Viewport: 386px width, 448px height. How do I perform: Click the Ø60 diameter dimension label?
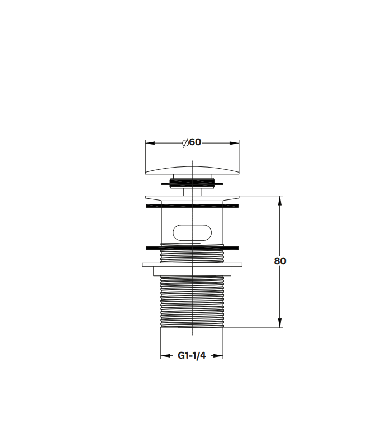click(x=192, y=142)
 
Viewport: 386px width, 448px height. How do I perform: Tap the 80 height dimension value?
click(x=280, y=261)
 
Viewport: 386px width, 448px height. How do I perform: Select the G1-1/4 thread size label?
click(x=192, y=355)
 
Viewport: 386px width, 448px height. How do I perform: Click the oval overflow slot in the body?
click(x=192, y=232)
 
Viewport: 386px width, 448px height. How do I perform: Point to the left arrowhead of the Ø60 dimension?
click(x=150, y=143)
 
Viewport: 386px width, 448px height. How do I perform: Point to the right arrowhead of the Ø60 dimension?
click(x=234, y=143)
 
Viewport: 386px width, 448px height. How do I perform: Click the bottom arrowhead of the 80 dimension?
click(x=280, y=323)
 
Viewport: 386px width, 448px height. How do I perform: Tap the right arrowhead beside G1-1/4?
click(x=218, y=356)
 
